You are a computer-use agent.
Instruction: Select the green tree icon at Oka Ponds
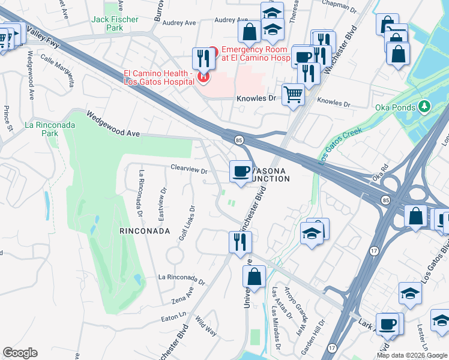coord(425,107)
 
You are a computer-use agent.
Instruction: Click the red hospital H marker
coord(204,77)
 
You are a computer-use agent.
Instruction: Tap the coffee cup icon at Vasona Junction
coord(241,172)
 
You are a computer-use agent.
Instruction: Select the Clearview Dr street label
coord(188,170)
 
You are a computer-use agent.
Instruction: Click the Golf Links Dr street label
coord(187,224)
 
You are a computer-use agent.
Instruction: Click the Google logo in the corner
coord(20,353)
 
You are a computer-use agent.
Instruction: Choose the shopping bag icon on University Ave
coord(254,277)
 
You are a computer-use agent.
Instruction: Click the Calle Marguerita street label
coord(58,70)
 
